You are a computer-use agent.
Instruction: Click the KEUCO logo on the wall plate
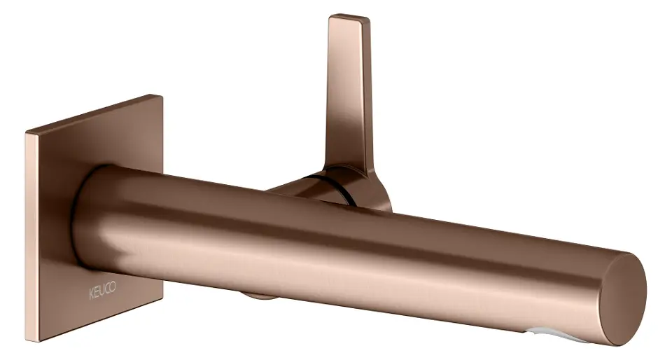pyautogui.click(x=102, y=291)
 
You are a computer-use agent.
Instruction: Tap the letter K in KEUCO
pyautogui.click(x=91, y=294)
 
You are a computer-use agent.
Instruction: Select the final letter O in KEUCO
pyautogui.click(x=113, y=287)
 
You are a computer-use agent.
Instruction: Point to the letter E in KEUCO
pyautogui.click(x=97, y=293)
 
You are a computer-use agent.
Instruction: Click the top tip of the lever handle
pyautogui.click(x=349, y=17)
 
